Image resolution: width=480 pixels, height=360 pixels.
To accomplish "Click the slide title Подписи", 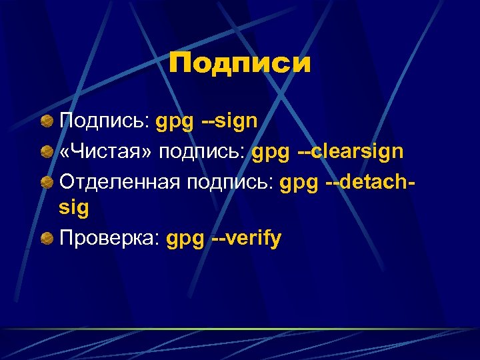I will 240,64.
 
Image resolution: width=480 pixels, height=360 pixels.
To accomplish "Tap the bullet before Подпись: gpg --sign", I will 46,122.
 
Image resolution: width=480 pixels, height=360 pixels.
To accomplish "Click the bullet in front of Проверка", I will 46,239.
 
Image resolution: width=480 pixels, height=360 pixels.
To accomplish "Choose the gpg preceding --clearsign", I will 271,153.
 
